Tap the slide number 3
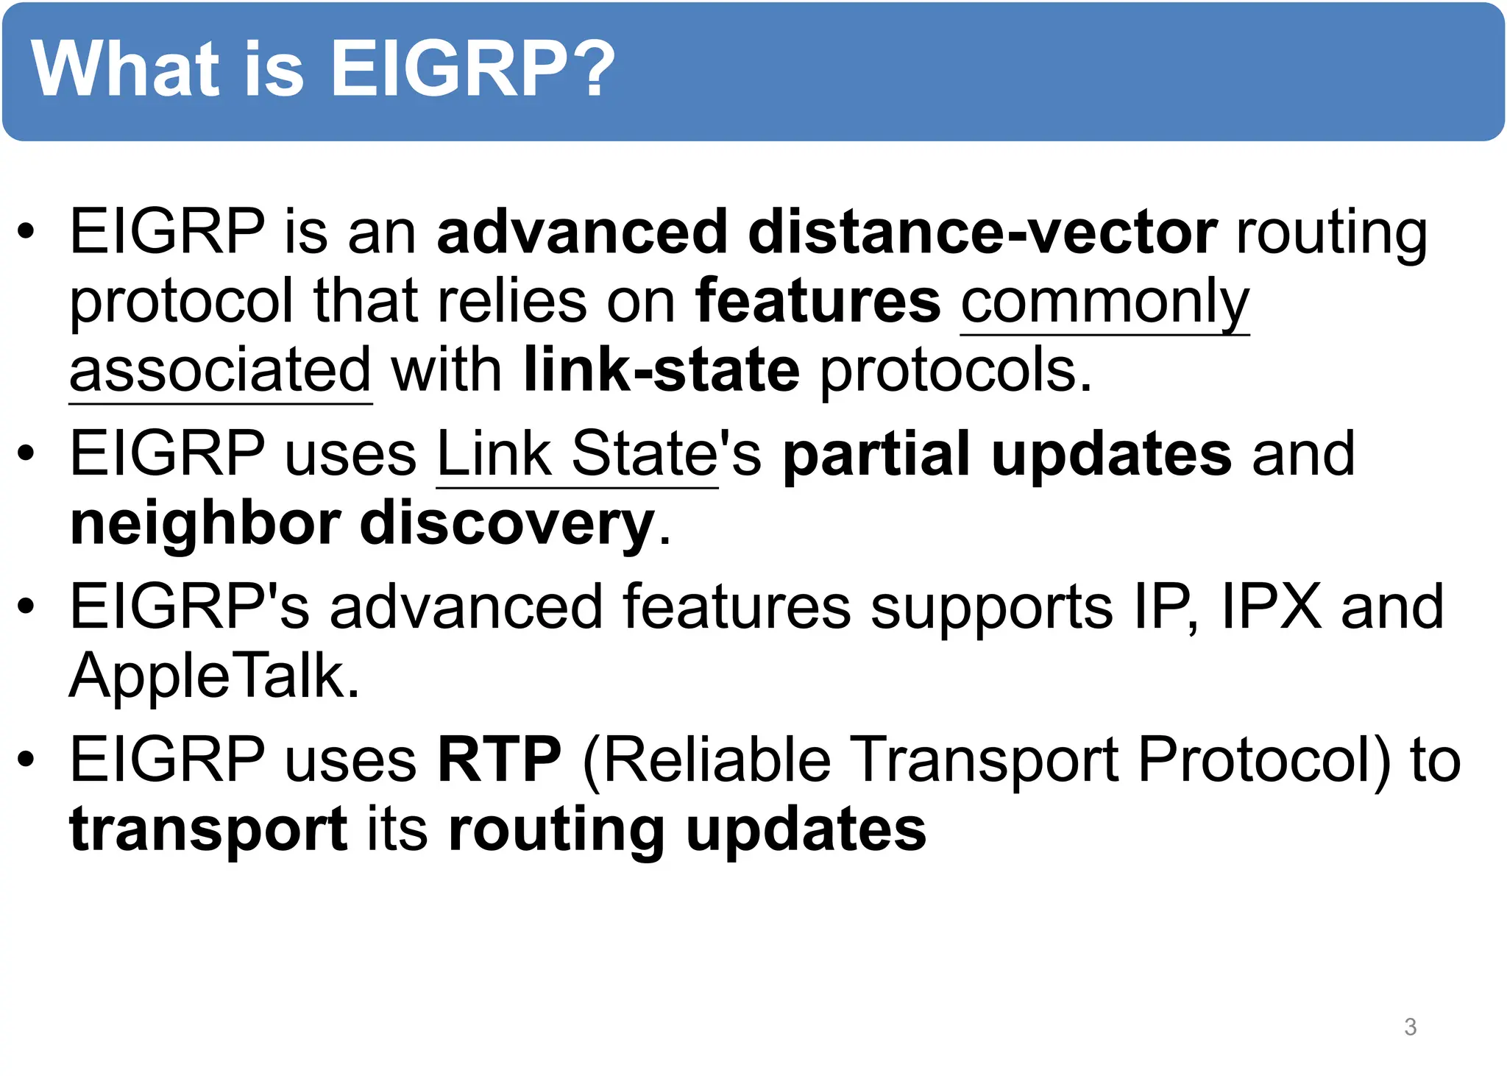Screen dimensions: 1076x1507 point(1410,1027)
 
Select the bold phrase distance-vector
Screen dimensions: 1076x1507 point(982,233)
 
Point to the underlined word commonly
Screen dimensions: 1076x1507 point(1104,302)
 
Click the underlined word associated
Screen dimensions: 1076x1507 point(220,371)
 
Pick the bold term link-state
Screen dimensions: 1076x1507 point(661,371)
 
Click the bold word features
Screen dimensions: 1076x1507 point(818,302)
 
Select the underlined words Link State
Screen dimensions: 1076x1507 point(577,455)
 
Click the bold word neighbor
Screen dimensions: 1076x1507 point(205,524)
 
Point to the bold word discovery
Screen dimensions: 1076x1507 point(507,524)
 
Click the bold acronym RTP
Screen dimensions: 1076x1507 point(499,760)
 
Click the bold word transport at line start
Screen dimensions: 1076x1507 point(208,829)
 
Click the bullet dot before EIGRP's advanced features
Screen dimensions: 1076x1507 point(26,607)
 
